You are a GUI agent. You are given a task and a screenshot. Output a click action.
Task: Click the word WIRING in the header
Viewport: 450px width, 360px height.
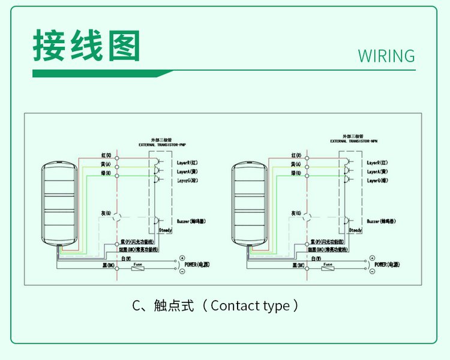(386, 56)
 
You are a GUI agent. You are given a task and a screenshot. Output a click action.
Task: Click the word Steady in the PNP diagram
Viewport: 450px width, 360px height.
(165, 230)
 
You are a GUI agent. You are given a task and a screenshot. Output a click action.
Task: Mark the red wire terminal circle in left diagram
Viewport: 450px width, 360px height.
(117, 158)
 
